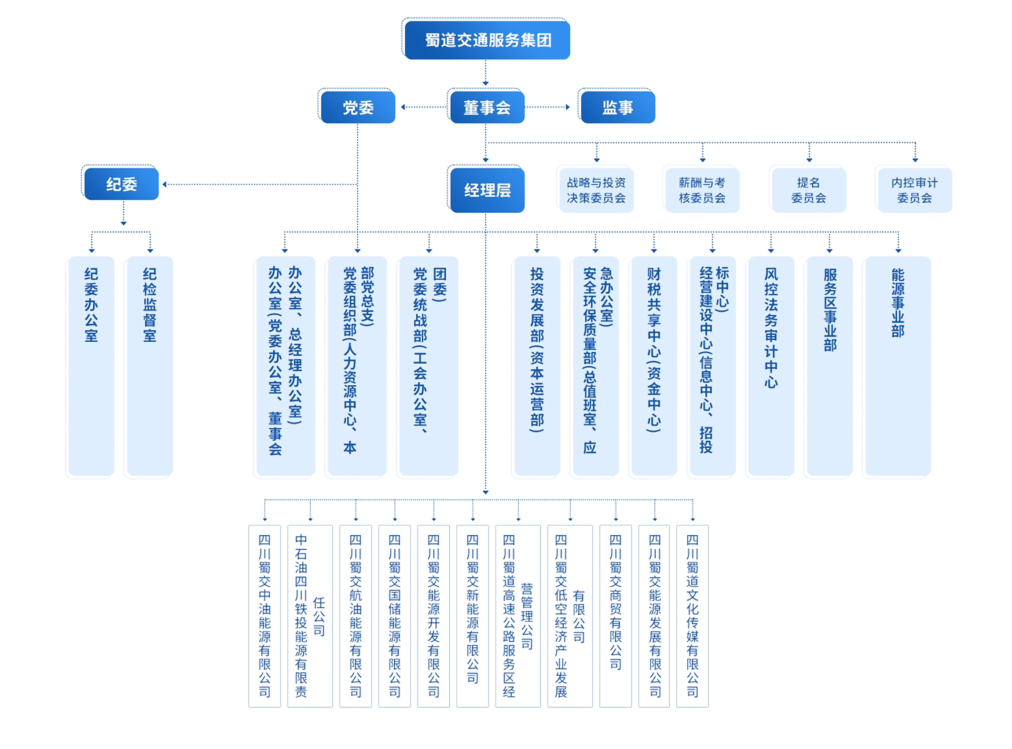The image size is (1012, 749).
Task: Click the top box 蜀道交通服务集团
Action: [x=487, y=40]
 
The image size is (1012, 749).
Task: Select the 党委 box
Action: [x=358, y=107]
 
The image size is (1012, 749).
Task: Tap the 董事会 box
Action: [x=487, y=107]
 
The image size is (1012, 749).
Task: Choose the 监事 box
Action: [x=618, y=107]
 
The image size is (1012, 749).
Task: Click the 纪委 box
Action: [x=121, y=184]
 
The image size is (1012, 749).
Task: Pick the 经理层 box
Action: [x=487, y=190]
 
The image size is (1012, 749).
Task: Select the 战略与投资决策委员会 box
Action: [x=597, y=190]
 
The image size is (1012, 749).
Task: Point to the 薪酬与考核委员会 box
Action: [x=702, y=190]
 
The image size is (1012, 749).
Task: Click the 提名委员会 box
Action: [x=809, y=190]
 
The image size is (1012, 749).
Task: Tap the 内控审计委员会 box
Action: [x=914, y=190]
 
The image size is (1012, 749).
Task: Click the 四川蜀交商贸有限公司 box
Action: [x=616, y=616]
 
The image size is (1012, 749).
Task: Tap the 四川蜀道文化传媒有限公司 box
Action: [x=692, y=616]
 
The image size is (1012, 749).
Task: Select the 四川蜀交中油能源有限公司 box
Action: [x=264, y=616]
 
